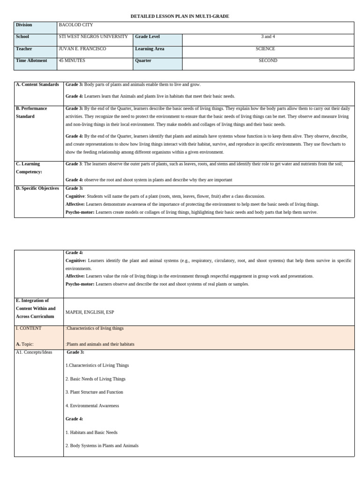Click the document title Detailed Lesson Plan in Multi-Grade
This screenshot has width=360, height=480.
click(180, 16)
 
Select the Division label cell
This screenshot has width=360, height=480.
click(24, 25)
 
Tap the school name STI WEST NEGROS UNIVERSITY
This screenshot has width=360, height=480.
click(93, 37)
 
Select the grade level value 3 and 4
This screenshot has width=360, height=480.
click(268, 37)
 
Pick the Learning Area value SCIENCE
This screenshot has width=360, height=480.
click(265, 49)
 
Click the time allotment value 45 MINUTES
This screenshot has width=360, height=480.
click(72, 60)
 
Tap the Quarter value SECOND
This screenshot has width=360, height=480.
click(268, 60)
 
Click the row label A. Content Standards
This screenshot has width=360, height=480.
click(37, 84)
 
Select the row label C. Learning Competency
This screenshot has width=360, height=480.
click(29, 168)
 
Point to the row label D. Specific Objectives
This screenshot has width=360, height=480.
click(37, 188)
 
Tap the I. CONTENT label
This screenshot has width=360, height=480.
click(29, 328)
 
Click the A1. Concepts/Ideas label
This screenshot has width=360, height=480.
click(34, 352)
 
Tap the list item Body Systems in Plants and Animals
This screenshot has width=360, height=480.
click(102, 445)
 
